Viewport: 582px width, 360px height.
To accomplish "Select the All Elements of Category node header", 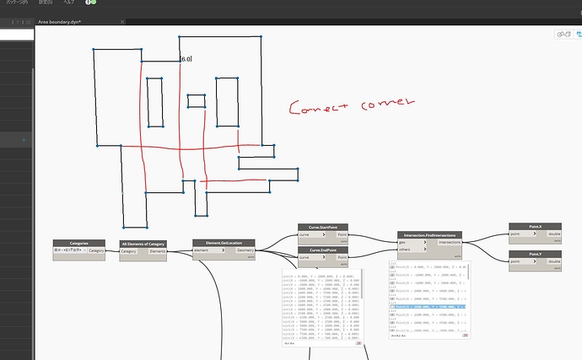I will (143, 244).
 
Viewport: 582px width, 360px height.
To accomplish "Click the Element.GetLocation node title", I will (224, 242).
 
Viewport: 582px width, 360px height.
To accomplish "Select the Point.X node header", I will (534, 227).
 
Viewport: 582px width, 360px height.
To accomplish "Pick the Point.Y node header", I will (534, 254).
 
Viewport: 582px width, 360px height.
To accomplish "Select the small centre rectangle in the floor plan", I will (196, 102).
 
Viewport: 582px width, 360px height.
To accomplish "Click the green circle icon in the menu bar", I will (90, 3).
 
